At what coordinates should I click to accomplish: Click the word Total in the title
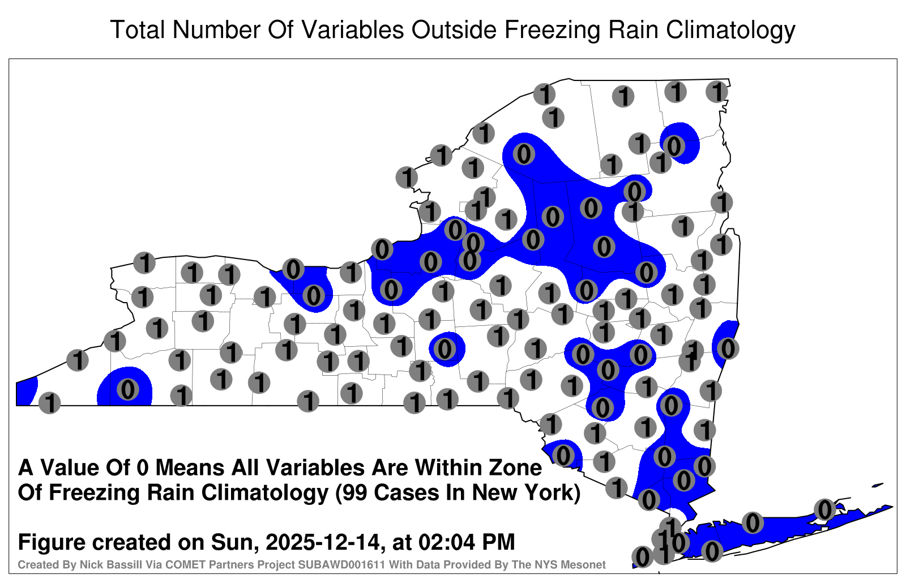tap(138, 29)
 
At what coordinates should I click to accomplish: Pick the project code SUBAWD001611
tap(341, 564)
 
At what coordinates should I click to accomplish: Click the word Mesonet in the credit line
tap(587, 564)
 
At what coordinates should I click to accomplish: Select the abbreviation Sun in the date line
tap(234, 542)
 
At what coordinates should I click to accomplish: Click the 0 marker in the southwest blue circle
tap(128, 390)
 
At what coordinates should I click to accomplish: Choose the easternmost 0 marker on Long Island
tap(824, 509)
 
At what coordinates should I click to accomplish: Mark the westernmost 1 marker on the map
tap(49, 403)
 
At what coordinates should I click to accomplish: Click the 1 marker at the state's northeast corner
tap(717, 92)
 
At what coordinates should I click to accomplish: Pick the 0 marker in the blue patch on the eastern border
tap(728, 348)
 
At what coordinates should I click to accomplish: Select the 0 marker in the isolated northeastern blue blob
tap(674, 146)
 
